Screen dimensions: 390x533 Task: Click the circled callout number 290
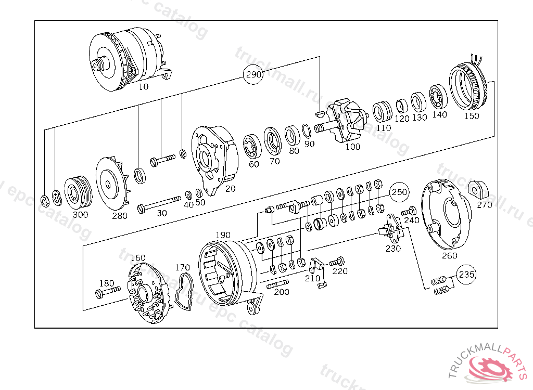(253, 75)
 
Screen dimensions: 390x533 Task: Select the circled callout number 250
(399, 192)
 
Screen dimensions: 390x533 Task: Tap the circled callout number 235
(466, 274)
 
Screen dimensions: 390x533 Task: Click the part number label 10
(143, 87)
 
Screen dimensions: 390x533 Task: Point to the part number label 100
(352, 147)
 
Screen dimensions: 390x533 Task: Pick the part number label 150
(471, 116)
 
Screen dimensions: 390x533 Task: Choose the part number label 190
(223, 235)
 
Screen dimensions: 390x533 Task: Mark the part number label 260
(449, 255)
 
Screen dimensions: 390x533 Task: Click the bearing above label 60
(253, 146)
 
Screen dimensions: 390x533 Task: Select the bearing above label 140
(439, 97)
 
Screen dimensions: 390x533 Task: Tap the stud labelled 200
(278, 284)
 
